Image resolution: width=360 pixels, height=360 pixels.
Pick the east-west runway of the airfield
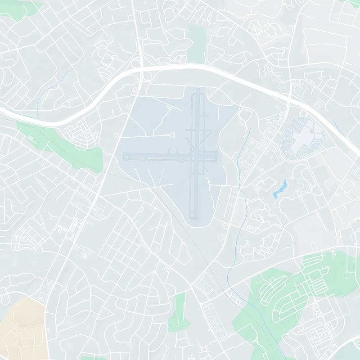(x=153, y=157)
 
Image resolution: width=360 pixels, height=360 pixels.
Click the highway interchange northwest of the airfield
(x=140, y=67)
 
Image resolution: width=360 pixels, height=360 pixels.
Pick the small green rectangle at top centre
(x=196, y=43)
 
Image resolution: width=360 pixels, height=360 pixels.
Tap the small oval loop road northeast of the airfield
(x=245, y=115)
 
